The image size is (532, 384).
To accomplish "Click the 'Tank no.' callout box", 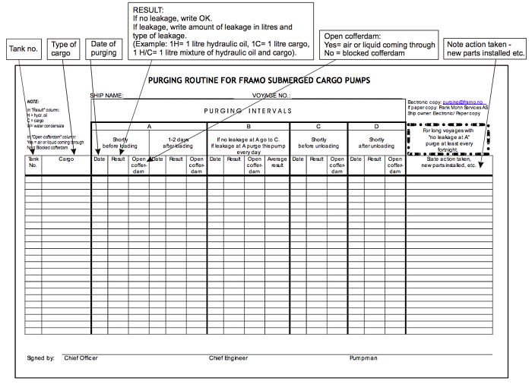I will coord(24,49).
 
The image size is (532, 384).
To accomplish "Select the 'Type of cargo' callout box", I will coord(64,49).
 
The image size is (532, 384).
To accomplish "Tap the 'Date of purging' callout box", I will coord(103,49).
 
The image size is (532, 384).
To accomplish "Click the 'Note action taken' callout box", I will coord(487,49).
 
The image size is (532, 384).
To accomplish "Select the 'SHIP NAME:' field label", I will coord(106,96).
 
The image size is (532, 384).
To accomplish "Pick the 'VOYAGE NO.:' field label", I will coord(271,96).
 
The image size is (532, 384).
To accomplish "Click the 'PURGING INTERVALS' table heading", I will coord(248,111).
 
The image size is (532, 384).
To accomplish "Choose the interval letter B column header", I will coord(248,126).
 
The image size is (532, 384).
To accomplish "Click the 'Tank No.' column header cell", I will coord(33,162).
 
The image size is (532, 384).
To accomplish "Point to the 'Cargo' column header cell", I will coord(66,159).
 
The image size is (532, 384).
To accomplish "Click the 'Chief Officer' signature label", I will coord(81,357).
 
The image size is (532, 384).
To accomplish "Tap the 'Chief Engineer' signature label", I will coord(229,357).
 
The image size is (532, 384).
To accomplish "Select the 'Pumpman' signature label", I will coord(363,357).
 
